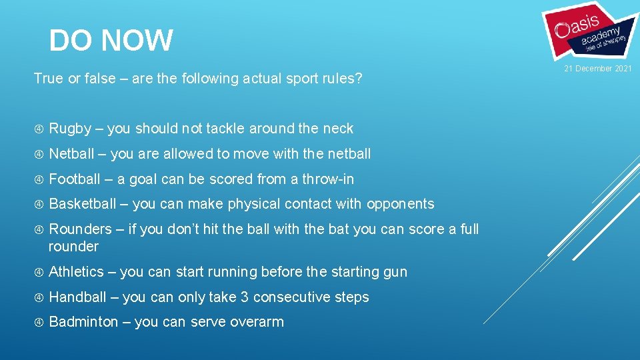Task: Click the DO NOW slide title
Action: click(x=111, y=41)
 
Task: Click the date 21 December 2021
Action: click(x=598, y=69)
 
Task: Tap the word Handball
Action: click(x=77, y=297)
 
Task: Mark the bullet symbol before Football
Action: click(x=39, y=179)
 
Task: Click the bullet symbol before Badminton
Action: click(x=39, y=322)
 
